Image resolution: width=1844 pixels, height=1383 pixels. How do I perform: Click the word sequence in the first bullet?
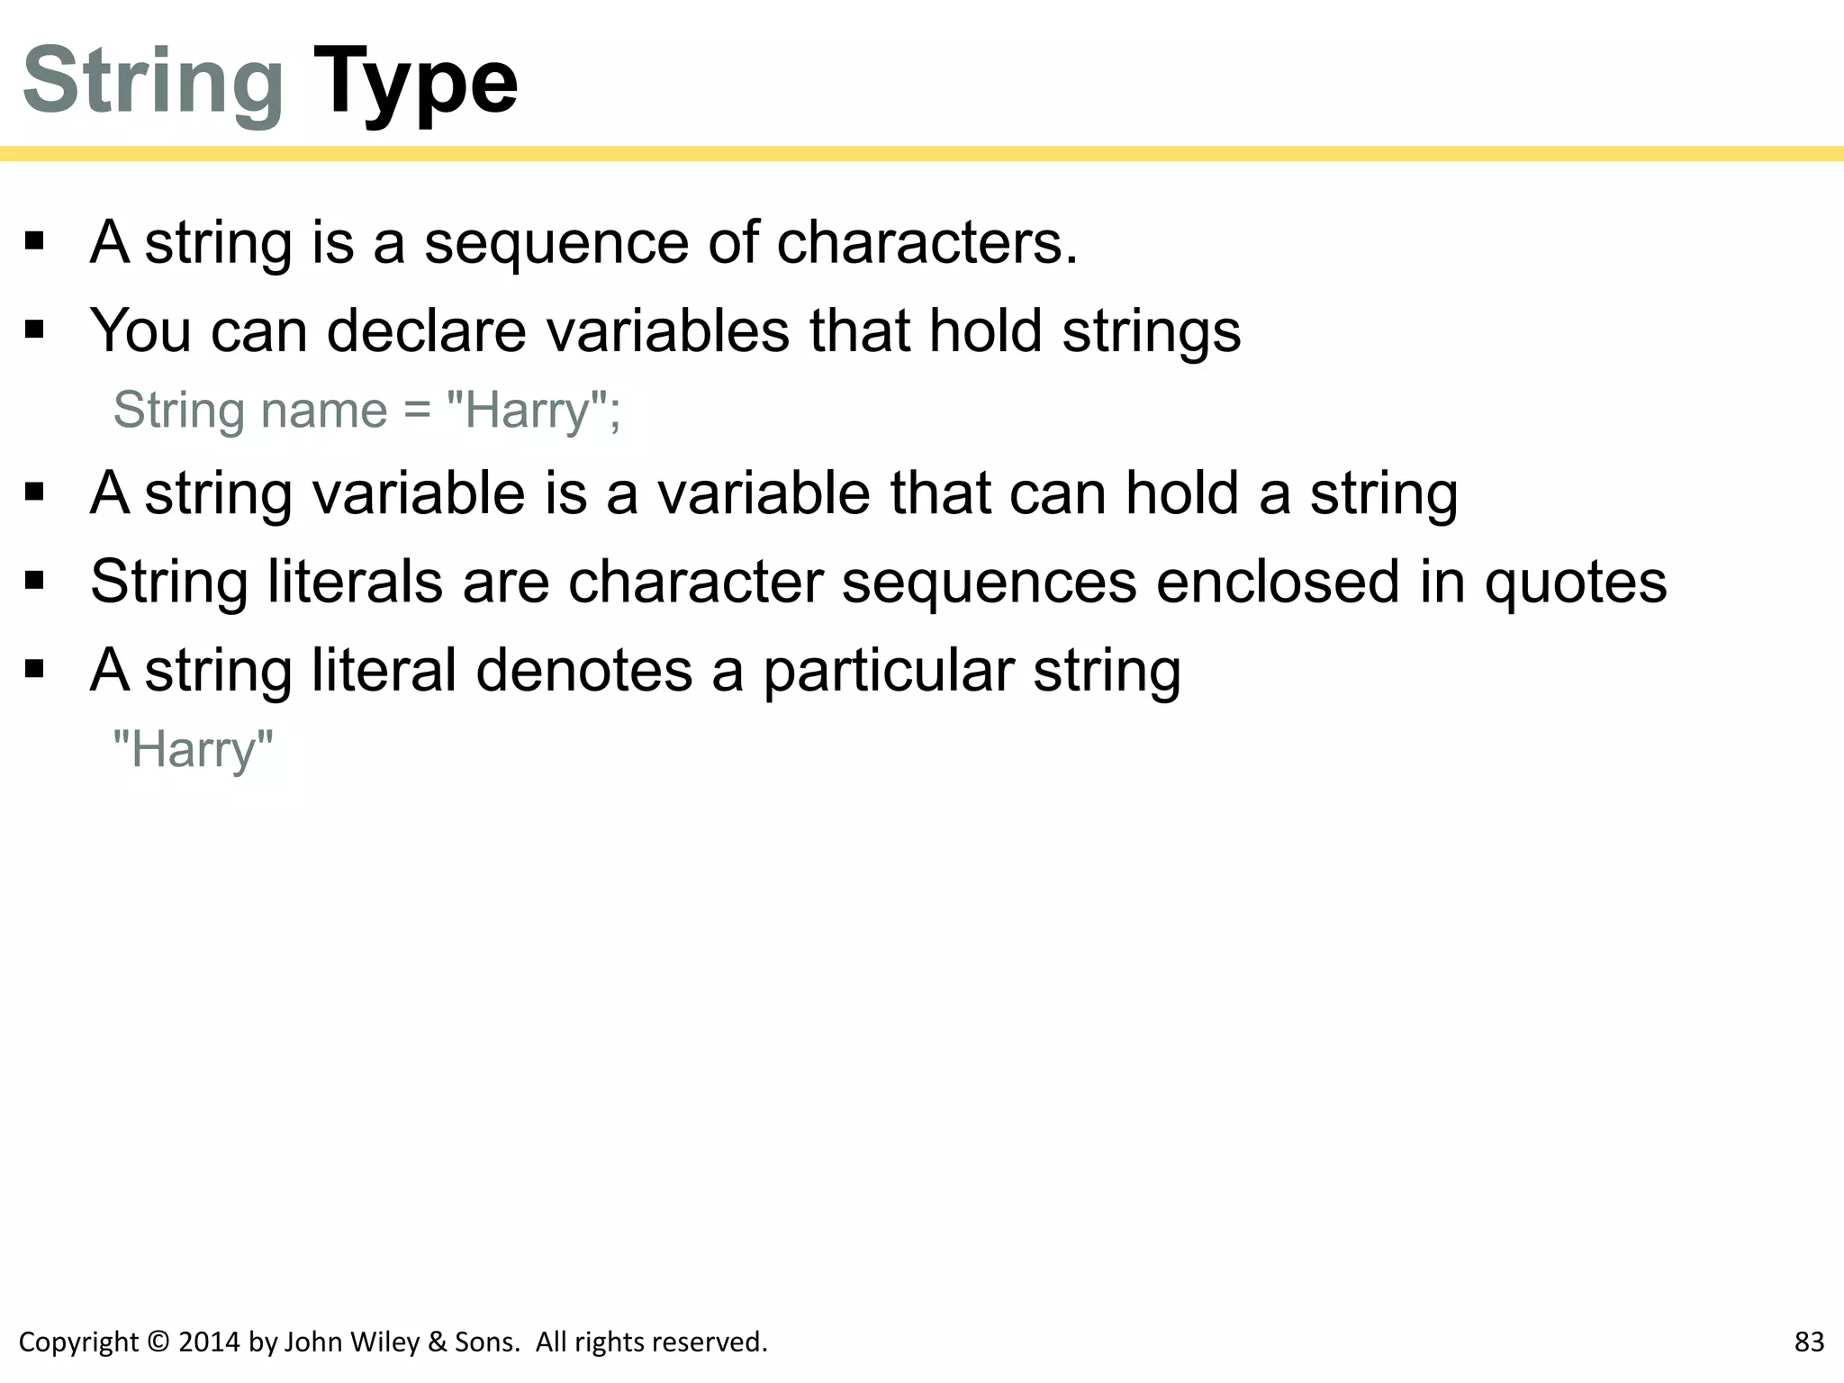(x=556, y=243)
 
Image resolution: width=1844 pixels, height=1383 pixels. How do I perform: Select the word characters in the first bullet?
(x=927, y=243)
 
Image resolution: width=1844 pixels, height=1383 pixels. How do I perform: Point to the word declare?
(x=426, y=330)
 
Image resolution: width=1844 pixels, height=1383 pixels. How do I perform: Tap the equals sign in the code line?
(x=417, y=411)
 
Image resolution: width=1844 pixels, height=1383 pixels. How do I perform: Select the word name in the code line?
(x=324, y=411)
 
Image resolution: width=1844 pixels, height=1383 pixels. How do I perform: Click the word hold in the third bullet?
(x=1182, y=493)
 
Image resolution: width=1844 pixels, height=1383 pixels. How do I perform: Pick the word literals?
(x=356, y=582)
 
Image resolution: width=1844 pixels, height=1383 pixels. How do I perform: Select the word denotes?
(x=583, y=671)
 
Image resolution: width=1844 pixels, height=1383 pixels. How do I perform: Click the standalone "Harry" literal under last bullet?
(x=193, y=750)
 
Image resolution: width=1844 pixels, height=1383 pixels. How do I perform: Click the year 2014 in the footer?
(x=210, y=1342)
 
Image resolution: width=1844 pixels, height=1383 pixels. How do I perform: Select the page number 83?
(x=1809, y=1342)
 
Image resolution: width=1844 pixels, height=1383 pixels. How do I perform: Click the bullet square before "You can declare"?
(x=35, y=330)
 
